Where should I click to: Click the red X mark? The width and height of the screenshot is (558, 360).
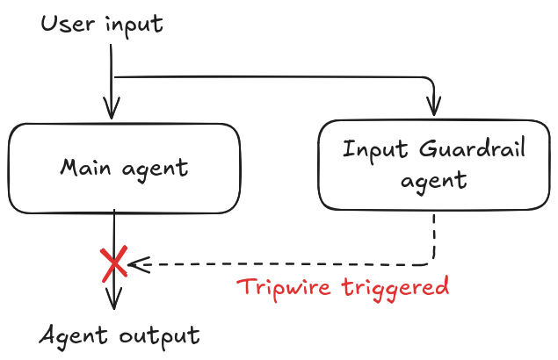pos(114,263)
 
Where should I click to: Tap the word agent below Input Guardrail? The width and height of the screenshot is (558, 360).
pos(433,182)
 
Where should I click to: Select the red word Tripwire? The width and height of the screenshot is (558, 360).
pos(284,287)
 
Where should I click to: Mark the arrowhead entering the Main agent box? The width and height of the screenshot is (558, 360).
pos(112,111)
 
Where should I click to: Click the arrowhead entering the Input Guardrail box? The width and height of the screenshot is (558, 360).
pos(432,109)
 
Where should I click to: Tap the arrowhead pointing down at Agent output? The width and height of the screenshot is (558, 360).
pos(112,303)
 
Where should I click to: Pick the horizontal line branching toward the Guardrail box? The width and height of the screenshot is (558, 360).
pos(272,77)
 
